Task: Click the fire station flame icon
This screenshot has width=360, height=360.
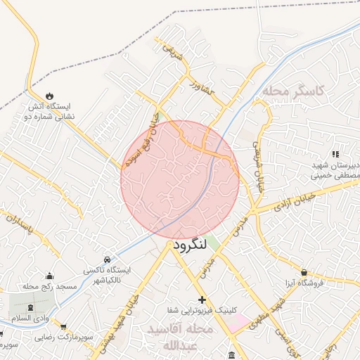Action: point(49,95)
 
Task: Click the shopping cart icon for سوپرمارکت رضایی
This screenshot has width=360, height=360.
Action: point(64,327)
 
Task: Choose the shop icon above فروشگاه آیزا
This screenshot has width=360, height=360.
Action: point(304,272)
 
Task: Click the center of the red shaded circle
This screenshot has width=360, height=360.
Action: point(180,179)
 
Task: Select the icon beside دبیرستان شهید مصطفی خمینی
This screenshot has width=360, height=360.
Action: point(335,153)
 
